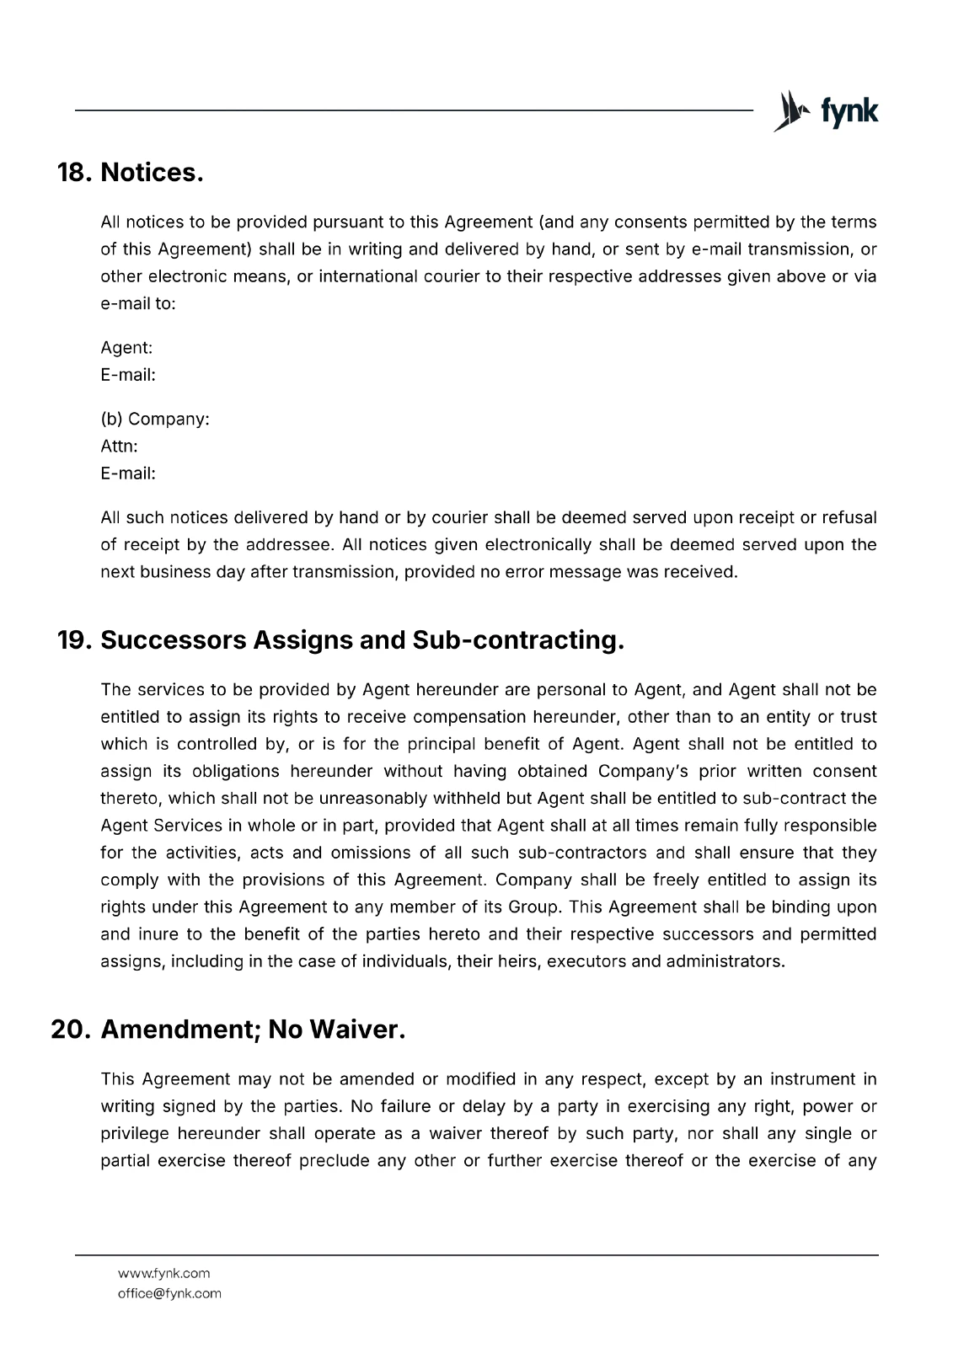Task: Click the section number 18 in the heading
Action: pyautogui.click(x=73, y=173)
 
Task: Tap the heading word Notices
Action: pyautogui.click(x=153, y=173)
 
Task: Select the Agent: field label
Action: pyautogui.click(x=126, y=348)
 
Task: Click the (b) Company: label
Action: pyautogui.click(x=155, y=419)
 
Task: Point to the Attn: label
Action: pyautogui.click(x=119, y=446)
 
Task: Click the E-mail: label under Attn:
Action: pyautogui.click(x=128, y=473)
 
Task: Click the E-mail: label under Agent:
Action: pyautogui.click(x=128, y=375)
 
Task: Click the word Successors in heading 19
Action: pyautogui.click(x=173, y=640)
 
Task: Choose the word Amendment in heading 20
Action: pyautogui.click(x=179, y=1030)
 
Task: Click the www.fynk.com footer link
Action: pyautogui.click(x=163, y=1273)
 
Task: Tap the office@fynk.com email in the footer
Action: pyautogui.click(x=169, y=1293)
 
